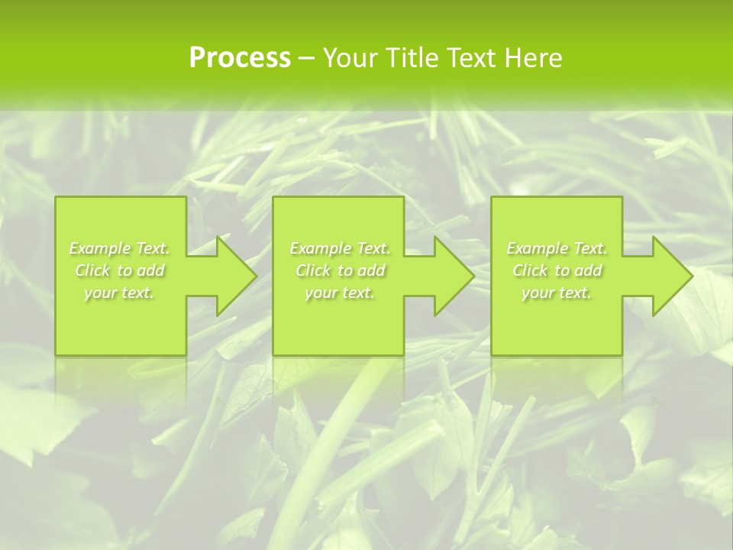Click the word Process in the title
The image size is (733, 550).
coord(240,58)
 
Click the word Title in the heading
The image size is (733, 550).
coord(410,58)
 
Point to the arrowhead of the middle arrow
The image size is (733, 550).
coord(458,276)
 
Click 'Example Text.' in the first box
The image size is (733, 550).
coord(119,248)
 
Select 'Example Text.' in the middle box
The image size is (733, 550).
coord(339,248)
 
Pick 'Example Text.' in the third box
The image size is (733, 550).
coord(557,248)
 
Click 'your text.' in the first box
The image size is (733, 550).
coord(119,293)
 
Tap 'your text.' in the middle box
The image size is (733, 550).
coord(339,293)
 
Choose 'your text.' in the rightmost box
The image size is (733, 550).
coord(557,293)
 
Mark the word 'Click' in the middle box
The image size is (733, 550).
coord(313,270)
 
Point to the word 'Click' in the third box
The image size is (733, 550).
coord(530,270)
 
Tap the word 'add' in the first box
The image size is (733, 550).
coord(151,270)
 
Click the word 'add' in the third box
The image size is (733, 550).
coord(589,270)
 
